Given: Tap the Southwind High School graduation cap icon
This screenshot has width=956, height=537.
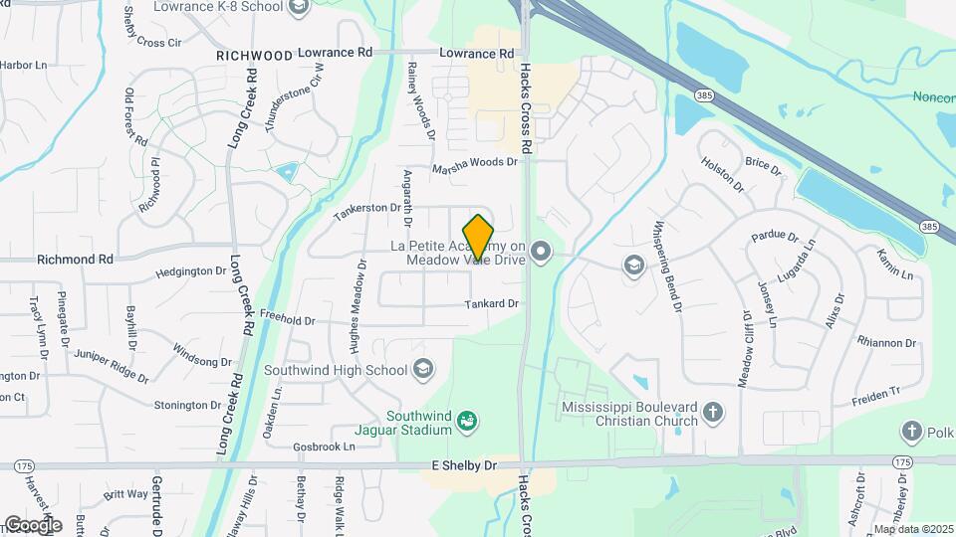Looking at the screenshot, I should pyautogui.click(x=422, y=370).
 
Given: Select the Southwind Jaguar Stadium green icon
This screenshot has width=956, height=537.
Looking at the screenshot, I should pyautogui.click(x=466, y=423).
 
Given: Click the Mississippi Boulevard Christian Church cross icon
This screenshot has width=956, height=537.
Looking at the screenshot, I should pyautogui.click(x=713, y=412).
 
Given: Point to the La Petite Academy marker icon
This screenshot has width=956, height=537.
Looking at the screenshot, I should pyautogui.click(x=541, y=252).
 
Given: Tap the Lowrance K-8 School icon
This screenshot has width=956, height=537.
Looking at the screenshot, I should pyautogui.click(x=297, y=8).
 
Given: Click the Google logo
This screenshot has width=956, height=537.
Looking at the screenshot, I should pyautogui.click(x=32, y=524).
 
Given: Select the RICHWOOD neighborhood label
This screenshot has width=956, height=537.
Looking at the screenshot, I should pyautogui.click(x=254, y=56).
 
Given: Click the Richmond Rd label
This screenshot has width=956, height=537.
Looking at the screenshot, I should pyautogui.click(x=75, y=260).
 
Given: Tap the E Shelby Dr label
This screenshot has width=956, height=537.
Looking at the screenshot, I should pyautogui.click(x=463, y=465).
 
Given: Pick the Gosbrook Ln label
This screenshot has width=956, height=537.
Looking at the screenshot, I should pyautogui.click(x=325, y=447).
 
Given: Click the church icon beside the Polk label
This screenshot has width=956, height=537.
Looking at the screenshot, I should pyautogui.click(x=911, y=431).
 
